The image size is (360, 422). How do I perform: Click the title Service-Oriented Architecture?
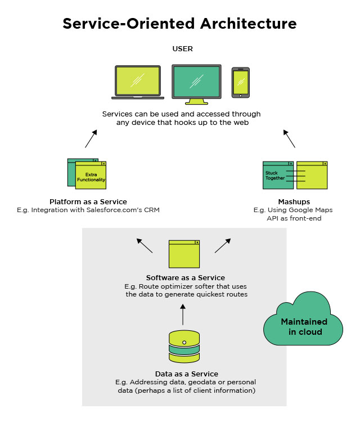click(179, 24)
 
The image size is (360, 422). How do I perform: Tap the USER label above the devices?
click(182, 49)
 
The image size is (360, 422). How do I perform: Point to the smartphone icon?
click(241, 82)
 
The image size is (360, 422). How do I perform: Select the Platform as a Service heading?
click(88, 201)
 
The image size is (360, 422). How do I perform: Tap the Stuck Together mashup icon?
click(295, 175)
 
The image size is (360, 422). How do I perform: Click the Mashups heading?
click(294, 201)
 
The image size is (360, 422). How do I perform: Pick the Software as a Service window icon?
click(184, 254)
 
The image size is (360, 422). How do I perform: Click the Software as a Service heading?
click(186, 277)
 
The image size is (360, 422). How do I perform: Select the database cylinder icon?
click(184, 347)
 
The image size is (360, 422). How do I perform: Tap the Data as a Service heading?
click(186, 374)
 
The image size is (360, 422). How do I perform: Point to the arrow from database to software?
click(183, 315)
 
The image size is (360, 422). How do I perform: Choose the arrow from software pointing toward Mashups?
click(223, 245)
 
